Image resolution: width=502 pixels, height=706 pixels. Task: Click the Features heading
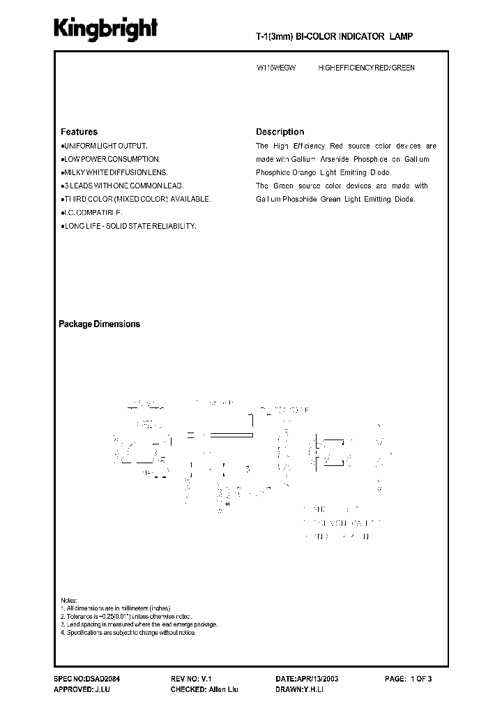(x=79, y=132)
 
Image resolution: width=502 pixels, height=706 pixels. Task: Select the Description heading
(x=280, y=132)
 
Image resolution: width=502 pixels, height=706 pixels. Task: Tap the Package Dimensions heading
(x=99, y=324)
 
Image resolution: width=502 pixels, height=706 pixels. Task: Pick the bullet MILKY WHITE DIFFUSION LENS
(x=114, y=172)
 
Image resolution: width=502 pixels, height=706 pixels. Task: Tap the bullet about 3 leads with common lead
(x=121, y=186)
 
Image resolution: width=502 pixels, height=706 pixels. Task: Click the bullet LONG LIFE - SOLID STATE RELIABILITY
(x=128, y=226)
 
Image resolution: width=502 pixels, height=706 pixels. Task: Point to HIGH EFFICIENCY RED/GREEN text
(x=366, y=68)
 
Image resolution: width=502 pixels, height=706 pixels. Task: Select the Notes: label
(x=68, y=601)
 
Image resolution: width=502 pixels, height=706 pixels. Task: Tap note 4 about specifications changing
(x=127, y=632)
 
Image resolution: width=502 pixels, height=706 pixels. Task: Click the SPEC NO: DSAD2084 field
(x=87, y=678)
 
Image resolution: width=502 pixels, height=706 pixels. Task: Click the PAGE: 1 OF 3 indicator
(x=409, y=678)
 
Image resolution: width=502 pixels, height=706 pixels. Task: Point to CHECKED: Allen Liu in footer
(x=204, y=689)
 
